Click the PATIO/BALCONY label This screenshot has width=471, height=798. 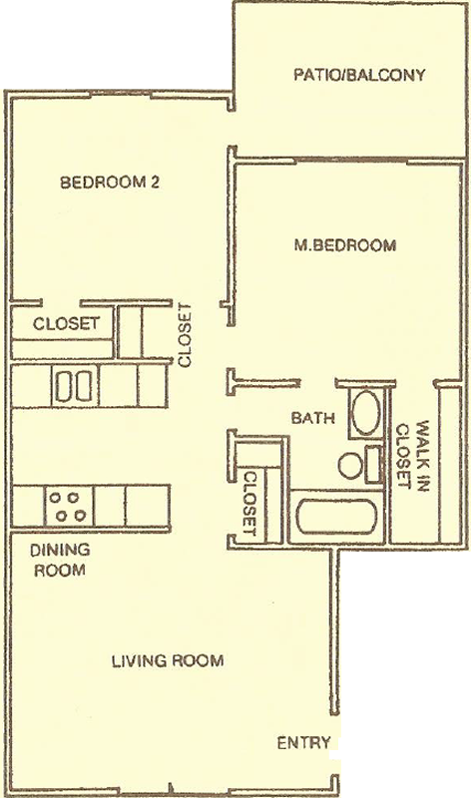point(359,75)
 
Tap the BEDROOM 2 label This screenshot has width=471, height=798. point(110,182)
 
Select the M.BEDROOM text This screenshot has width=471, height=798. point(344,245)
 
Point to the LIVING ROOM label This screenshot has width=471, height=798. point(168,660)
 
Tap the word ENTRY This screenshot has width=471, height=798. point(303,743)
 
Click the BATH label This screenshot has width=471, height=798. point(313,418)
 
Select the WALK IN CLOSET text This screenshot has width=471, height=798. point(412,456)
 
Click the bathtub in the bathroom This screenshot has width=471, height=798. point(336,517)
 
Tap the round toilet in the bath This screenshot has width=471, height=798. point(350,465)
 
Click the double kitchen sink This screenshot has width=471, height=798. point(74,386)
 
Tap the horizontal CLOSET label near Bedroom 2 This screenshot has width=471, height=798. point(66,323)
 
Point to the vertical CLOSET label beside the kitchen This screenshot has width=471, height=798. point(185,335)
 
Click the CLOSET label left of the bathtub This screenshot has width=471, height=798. point(249,504)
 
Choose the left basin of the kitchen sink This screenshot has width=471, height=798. point(64,387)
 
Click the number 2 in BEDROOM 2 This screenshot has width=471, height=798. point(155,182)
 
